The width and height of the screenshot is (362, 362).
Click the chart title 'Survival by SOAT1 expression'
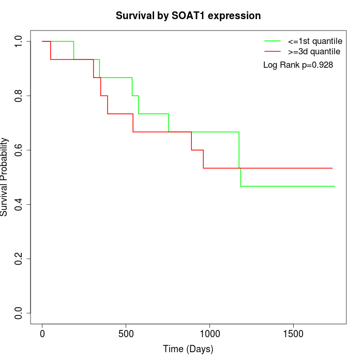pyautogui.click(x=188, y=16)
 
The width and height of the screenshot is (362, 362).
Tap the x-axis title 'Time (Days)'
pyautogui.click(x=188, y=349)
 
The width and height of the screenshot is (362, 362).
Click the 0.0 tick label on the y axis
pyautogui.click(x=19, y=313)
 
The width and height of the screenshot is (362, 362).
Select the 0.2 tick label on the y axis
pyautogui.click(x=19, y=259)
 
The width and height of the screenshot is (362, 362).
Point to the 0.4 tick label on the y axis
pyautogui.click(x=19, y=204)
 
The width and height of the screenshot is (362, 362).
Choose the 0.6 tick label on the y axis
pyautogui.click(x=19, y=150)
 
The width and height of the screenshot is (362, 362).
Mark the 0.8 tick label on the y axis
pyautogui.click(x=19, y=96)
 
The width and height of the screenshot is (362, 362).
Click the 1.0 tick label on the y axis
pyautogui.click(x=19, y=41)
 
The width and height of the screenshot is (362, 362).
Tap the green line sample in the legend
pyautogui.click(x=273, y=41)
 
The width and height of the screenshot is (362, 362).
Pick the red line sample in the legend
pyautogui.click(x=273, y=51)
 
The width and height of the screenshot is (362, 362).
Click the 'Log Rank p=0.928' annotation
pyautogui.click(x=298, y=65)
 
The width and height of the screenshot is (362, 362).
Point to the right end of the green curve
pyautogui.click(x=335, y=186)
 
